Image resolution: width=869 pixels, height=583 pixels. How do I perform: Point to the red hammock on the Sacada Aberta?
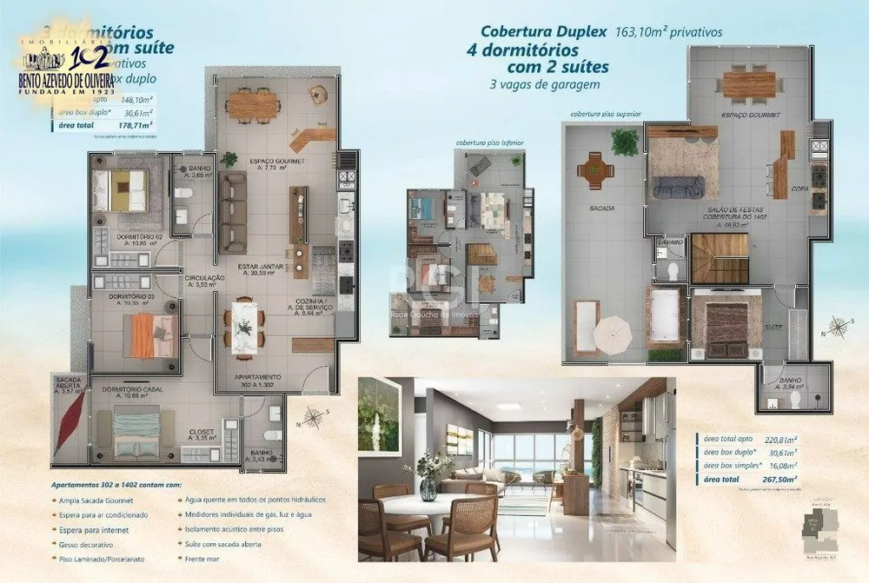coord(69,426)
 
